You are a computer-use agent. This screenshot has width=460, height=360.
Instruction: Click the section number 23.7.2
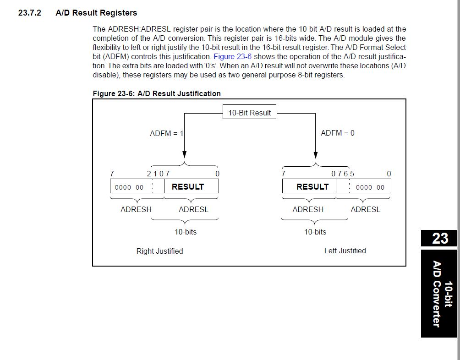pos(30,13)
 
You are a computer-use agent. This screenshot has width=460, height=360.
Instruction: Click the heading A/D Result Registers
pos(96,13)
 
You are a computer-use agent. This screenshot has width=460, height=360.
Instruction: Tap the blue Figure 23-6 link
pos(232,57)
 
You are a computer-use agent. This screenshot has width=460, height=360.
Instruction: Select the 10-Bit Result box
pos(249,112)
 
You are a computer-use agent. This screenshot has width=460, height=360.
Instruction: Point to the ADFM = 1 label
pos(167,133)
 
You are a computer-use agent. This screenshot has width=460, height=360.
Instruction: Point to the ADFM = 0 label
pos(337,133)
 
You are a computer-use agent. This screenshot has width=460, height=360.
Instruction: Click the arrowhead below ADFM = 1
pos(184,155)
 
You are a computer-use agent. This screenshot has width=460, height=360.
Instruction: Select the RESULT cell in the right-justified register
pos(191,186)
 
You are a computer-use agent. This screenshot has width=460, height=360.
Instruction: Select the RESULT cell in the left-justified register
pos(309,186)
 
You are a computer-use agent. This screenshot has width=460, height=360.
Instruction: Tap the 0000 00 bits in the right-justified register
pos(129,187)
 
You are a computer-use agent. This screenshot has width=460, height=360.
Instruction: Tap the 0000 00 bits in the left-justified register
pos(370,187)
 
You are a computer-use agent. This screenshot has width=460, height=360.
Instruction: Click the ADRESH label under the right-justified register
pos(136,209)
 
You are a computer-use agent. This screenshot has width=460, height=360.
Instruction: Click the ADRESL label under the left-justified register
pos(366,209)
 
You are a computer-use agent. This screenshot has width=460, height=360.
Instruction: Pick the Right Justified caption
pos(159,251)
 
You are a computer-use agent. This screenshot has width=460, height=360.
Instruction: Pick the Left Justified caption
pos(345,251)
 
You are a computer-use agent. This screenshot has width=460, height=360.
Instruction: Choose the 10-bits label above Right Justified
pos(186,232)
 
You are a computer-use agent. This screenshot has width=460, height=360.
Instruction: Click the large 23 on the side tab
pos(440,238)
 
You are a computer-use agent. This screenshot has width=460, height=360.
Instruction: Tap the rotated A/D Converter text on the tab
pos(437,294)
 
